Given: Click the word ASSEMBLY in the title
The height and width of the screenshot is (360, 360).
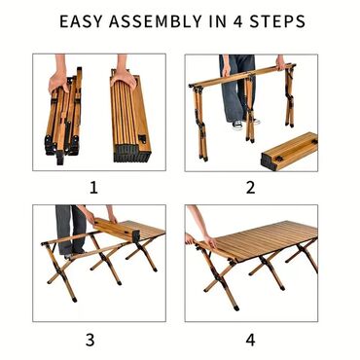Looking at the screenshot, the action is tap(156, 21).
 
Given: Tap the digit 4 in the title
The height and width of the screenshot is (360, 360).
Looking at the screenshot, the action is tap(238, 21).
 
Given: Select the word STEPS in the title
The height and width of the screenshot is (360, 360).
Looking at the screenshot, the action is tap(277, 21).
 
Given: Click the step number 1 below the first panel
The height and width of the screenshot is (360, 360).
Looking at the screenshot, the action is tap(93, 188).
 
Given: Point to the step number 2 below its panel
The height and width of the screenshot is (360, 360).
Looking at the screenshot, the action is tap(250, 188).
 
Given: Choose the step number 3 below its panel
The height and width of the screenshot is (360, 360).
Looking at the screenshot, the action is tap(90, 340).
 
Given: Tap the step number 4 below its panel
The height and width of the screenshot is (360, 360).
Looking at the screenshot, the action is tap(250, 340).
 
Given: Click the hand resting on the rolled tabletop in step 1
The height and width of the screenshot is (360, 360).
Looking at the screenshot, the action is tap(124, 79).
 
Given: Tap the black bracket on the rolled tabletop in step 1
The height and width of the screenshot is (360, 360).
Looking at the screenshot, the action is tap(142, 139).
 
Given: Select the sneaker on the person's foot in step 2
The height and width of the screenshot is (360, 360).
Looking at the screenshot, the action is tap(237, 125).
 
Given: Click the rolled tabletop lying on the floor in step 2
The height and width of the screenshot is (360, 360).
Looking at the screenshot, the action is tap(290, 151).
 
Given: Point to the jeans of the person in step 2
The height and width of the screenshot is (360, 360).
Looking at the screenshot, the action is tap(237, 88).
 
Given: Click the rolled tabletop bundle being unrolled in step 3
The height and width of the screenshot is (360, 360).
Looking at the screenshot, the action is tap(117, 231).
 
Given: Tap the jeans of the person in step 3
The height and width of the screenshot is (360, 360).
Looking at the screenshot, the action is tap(70, 229).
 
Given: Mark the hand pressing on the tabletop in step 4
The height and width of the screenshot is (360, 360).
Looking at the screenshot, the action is tap(210, 241).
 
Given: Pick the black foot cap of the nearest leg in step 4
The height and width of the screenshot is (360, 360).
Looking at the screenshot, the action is tap(236, 307).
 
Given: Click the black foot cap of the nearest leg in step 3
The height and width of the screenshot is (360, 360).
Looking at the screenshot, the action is tap(75, 299).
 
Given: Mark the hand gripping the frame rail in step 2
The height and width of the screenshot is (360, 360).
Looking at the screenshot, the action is tap(280, 63).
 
